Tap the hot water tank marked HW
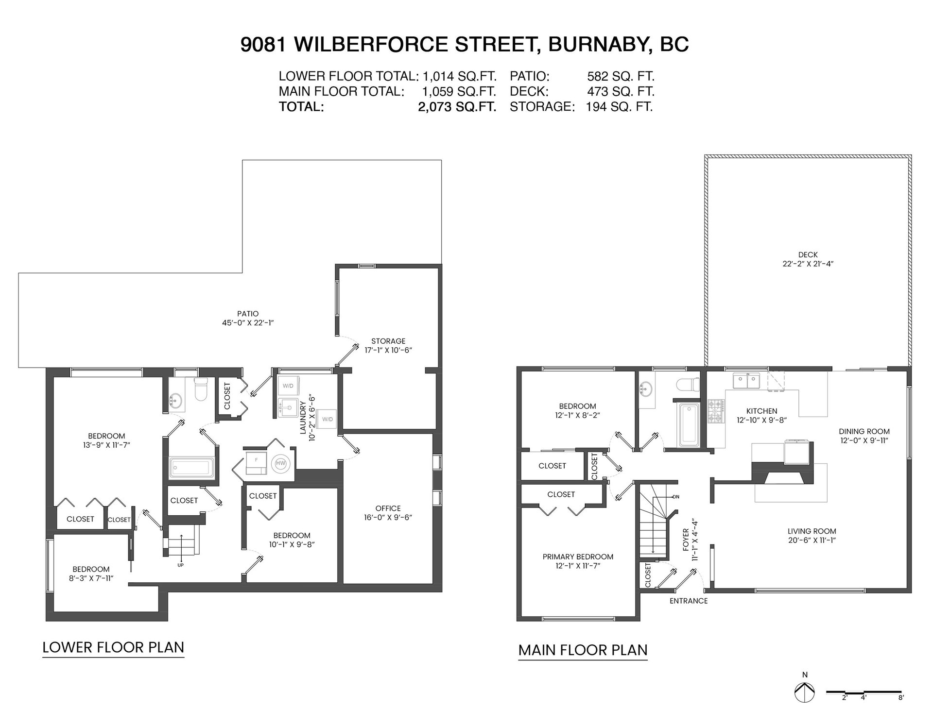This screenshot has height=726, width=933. (281, 463)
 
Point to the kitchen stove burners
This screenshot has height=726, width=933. (715, 411)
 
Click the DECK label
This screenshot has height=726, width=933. (808, 254)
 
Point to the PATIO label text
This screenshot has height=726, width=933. (248, 314)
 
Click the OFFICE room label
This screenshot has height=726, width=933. (388, 508)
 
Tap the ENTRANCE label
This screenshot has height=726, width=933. (689, 601)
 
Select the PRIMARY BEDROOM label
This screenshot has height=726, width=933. (578, 557)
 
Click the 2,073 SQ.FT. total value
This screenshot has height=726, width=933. (457, 106)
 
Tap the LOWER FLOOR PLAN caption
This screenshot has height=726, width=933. (113, 647)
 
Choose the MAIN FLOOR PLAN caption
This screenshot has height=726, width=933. (583, 650)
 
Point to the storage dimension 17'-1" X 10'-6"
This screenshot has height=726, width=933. (388, 350)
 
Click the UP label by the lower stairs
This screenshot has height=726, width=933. (181, 565)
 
